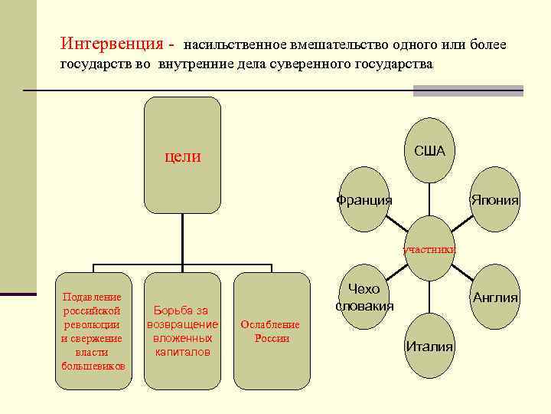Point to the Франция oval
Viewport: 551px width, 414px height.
click(364, 200)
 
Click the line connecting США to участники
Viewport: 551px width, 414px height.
click(429, 202)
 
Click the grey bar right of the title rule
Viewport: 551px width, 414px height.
click(468, 90)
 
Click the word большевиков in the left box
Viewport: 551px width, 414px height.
click(93, 365)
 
